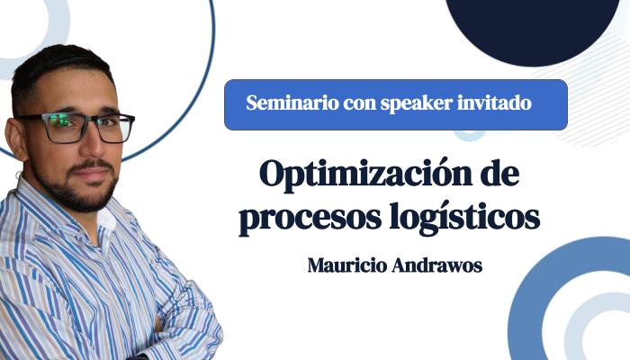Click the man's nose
pos(94,144)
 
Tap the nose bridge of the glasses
pos(92,122)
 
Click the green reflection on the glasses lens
pos(62,119)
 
